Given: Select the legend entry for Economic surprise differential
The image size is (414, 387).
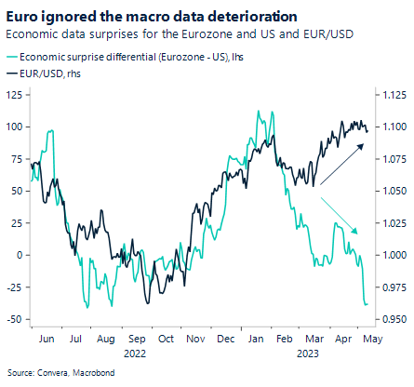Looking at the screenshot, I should click(x=129, y=58).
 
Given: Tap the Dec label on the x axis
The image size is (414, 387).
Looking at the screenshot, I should click(x=224, y=340).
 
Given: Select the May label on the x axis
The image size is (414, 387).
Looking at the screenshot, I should click(x=369, y=340).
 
